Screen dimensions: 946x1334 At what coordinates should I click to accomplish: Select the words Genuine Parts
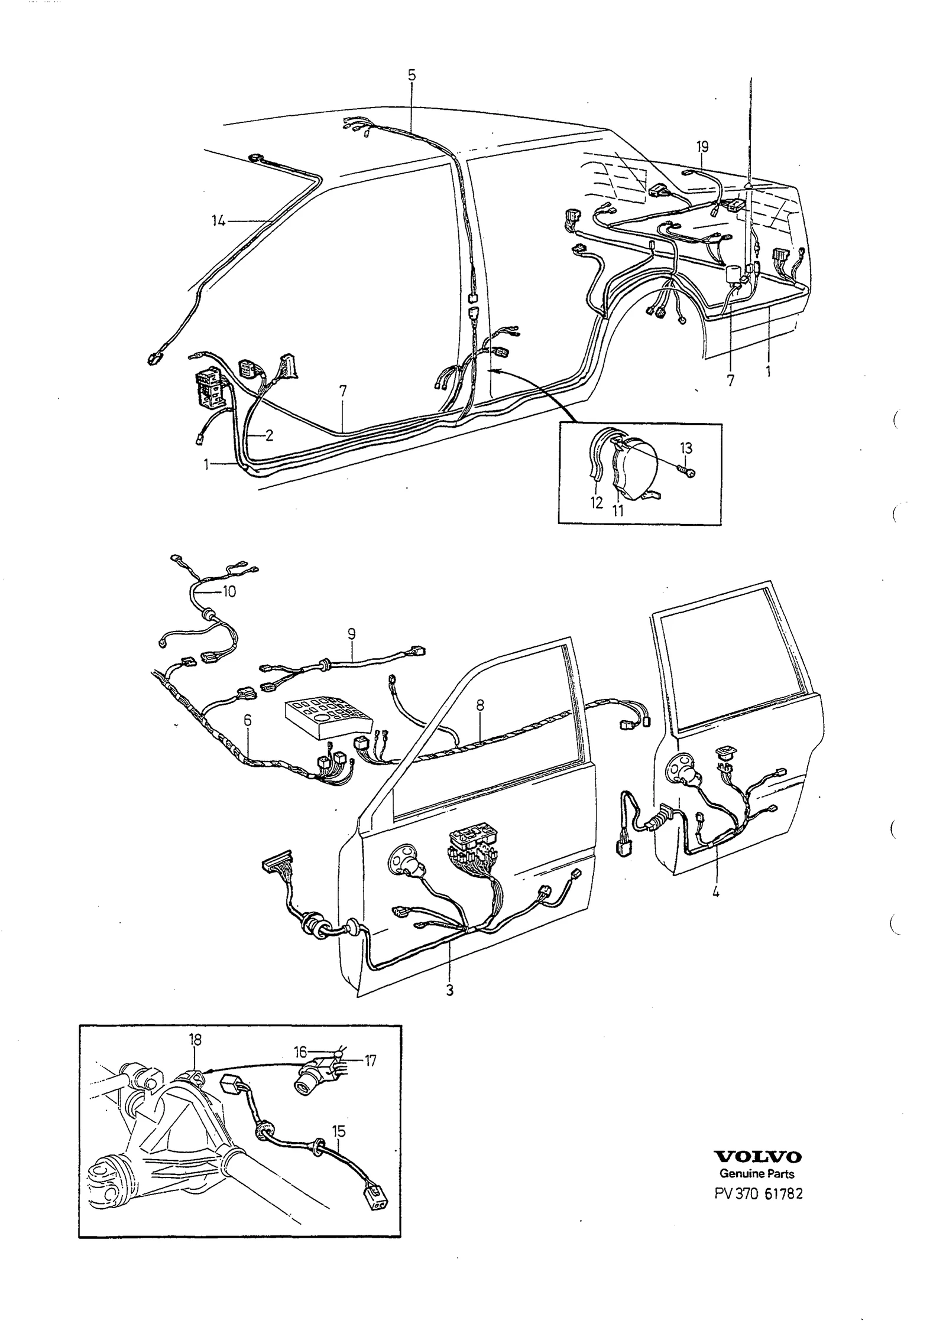point(757,1174)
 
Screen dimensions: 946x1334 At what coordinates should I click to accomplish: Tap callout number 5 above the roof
point(412,75)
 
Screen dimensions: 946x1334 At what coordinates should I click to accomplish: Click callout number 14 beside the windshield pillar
point(219,221)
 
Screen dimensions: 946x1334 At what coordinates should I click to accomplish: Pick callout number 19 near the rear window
point(702,147)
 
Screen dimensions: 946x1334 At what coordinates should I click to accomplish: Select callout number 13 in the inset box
point(686,448)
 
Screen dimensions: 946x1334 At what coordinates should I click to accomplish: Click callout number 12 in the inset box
point(596,503)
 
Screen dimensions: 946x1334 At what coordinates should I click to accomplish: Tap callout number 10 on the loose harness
point(229,591)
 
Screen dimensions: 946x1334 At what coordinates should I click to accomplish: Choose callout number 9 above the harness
point(352,635)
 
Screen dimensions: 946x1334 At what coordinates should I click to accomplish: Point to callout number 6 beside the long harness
point(247,720)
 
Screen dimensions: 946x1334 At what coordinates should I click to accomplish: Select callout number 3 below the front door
point(449,990)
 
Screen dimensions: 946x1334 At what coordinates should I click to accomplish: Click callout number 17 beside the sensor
point(370,1062)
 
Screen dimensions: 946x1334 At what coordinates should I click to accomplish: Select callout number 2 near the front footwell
point(269,436)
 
